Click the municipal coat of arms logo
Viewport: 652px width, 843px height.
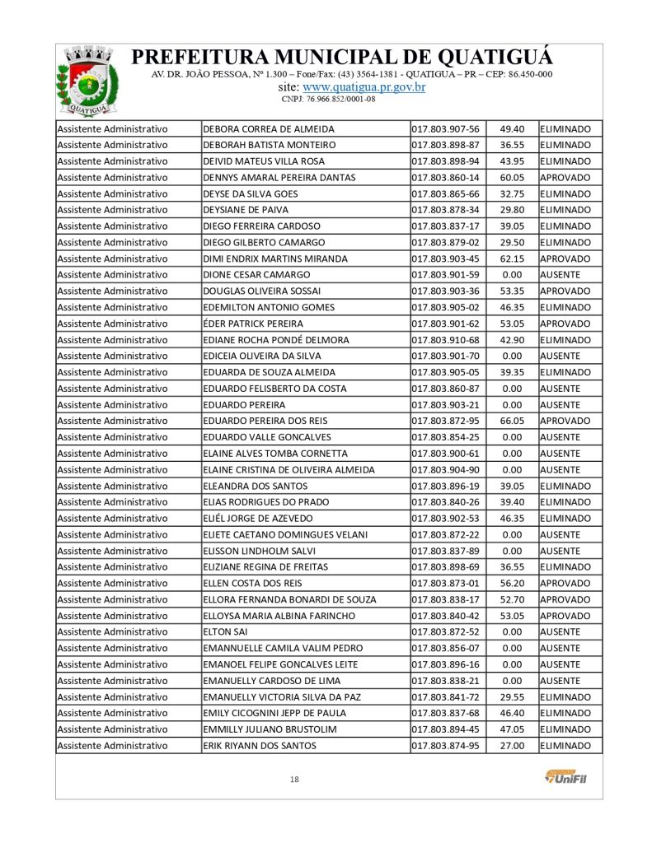[81, 81]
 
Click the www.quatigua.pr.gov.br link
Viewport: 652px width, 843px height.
[364, 86]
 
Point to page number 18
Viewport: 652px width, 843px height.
[294, 780]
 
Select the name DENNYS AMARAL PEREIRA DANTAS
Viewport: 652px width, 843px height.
[279, 178]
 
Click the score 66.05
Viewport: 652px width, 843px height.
[513, 421]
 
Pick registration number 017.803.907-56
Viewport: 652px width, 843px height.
[445, 129]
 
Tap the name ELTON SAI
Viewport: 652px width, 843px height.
[224, 631]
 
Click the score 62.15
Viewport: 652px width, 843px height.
[513, 258]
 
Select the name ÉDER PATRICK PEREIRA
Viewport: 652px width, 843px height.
[252, 324]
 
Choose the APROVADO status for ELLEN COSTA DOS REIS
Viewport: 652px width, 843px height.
[565, 583]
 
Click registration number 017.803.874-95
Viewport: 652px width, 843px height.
[445, 746]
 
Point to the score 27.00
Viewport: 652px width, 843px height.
[513, 746]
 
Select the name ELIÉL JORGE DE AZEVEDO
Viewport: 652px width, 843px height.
[258, 519]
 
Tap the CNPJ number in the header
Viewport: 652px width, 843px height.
[328, 99]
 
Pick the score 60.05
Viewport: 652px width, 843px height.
[513, 178]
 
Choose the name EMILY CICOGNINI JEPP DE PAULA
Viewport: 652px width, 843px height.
[274, 713]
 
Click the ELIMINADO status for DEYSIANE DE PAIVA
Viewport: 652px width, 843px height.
[565, 210]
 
